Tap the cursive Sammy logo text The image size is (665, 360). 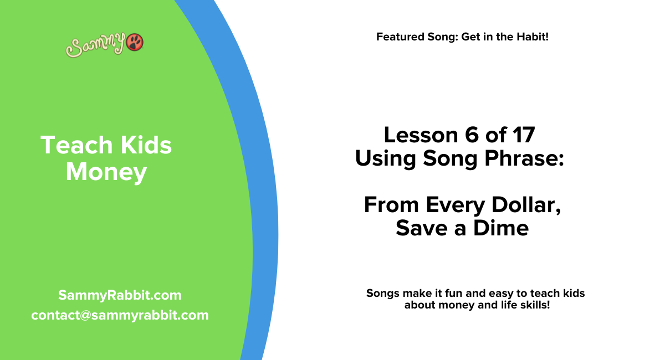pos(95,46)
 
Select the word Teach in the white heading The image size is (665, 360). pos(70,146)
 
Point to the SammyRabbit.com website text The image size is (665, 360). pos(120,295)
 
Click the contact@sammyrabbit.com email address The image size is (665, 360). pos(120,315)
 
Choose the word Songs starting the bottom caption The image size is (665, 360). pos(382,293)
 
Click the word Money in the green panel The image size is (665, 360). pos(106,172)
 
